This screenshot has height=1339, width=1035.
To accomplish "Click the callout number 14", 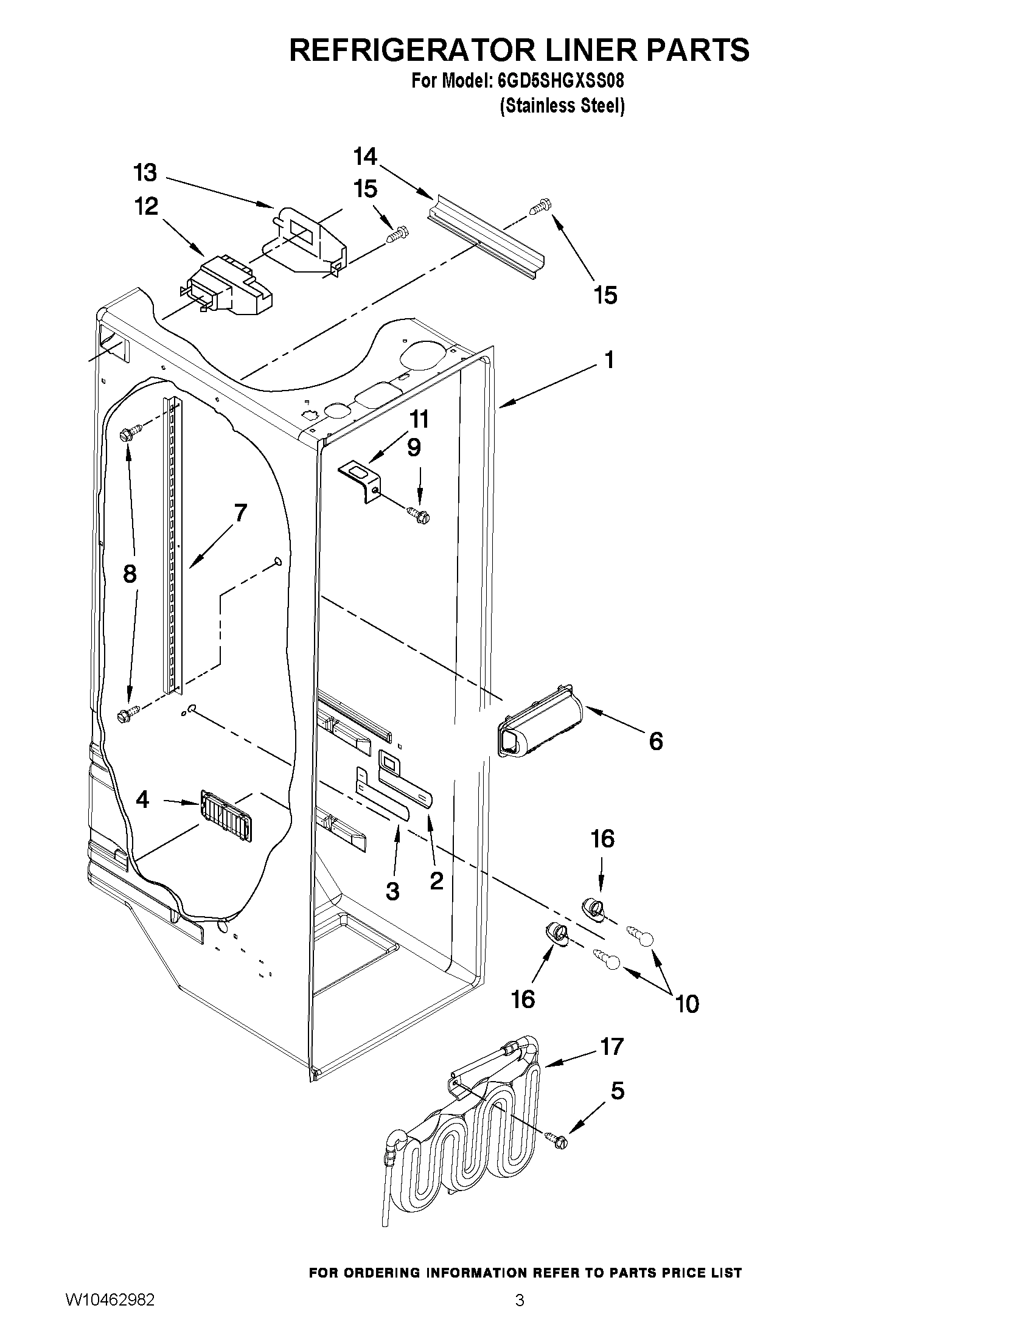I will point(365,157).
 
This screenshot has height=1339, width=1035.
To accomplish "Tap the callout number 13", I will point(145,173).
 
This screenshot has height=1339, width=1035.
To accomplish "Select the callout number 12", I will point(147,207).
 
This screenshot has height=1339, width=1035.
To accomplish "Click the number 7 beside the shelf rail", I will point(240,513).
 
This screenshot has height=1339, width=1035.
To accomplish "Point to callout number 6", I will point(655,742).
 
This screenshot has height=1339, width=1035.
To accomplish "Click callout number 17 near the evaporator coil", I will point(612,1046).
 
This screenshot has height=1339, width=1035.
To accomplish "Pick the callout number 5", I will point(618,1091).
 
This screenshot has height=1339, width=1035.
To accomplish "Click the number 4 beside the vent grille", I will point(142,799).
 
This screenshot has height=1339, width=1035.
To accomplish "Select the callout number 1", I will point(609,360).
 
